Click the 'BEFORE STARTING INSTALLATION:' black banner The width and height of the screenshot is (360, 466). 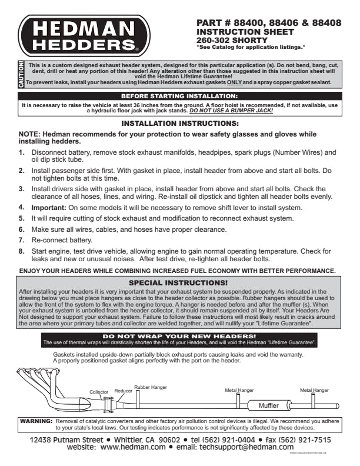pos(179,95)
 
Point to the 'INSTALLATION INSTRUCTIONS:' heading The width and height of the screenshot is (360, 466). pos(179,124)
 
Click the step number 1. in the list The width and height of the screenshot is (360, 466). pos(22,152)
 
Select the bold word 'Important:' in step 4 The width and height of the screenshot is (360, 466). pos(49,208)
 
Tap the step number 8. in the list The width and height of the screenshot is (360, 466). pos(22,251)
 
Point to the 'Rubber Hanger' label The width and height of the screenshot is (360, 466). pos(151,388)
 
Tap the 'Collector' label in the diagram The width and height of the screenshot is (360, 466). pos(99,391)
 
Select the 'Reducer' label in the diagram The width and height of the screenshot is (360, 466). pos(123,390)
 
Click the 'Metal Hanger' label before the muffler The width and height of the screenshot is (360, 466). pos(239,390)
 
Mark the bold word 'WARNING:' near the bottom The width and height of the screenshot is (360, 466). pos(36,422)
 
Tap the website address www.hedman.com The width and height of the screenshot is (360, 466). pos(134,447)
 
